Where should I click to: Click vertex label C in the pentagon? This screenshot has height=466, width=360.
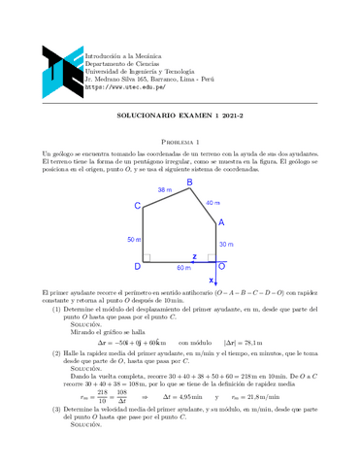click(138, 205)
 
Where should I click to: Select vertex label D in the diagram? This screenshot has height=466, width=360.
click(137, 265)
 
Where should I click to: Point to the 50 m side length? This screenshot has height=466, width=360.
click(133, 239)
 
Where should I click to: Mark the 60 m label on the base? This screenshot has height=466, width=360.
click(184, 267)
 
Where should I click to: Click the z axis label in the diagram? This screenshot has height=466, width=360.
click(194, 257)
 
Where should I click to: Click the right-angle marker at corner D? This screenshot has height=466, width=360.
click(147, 258)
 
